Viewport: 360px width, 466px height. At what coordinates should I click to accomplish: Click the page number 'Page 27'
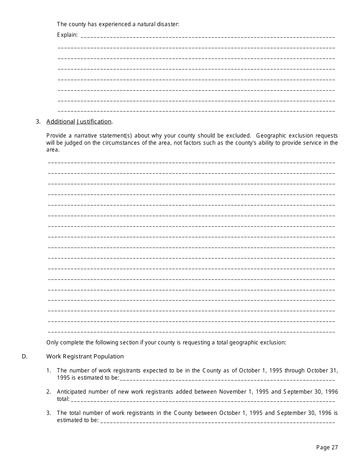(x=327, y=447)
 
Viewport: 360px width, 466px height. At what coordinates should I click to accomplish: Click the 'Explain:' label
(x=67, y=35)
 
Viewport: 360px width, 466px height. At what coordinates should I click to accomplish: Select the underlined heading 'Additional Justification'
(x=79, y=122)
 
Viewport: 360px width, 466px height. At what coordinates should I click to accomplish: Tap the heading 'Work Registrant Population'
(x=85, y=357)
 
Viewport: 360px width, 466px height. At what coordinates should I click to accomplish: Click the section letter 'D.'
(x=25, y=357)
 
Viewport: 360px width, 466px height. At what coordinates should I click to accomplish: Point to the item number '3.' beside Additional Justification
(x=38, y=122)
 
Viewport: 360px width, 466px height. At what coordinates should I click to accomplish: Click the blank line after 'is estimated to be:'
(x=227, y=378)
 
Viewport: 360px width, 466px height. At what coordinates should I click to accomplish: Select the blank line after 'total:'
(x=203, y=400)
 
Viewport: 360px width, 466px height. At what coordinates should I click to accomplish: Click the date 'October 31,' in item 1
(x=322, y=371)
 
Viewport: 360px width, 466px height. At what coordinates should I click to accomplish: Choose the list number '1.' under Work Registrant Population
(x=49, y=371)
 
